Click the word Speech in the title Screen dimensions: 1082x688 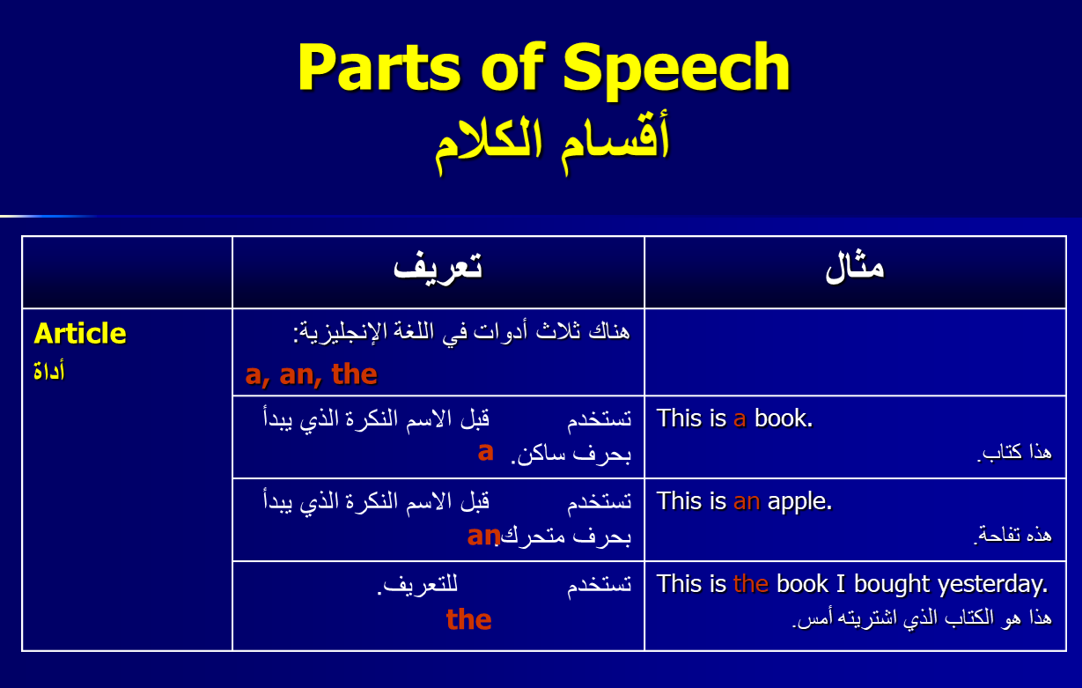tap(676, 69)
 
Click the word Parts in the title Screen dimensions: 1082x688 tap(379, 67)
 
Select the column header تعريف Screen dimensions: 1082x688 tap(438, 269)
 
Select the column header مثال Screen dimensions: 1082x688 tap(855, 268)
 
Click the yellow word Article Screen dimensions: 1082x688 tap(80, 334)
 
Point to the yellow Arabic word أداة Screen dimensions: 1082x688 tap(48, 372)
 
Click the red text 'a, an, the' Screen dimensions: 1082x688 tap(312, 374)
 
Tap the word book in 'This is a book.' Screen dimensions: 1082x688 tap(784, 418)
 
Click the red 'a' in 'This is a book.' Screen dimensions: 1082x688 tap(740, 419)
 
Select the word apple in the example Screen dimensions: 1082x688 tap(799, 502)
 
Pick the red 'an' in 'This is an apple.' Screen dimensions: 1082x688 tap(747, 502)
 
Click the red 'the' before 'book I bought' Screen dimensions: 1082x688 tap(751, 584)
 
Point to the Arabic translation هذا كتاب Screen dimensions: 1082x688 tap(1014, 453)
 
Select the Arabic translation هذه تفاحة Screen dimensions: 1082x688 tap(1012, 536)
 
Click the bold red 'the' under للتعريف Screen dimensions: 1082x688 tap(468, 619)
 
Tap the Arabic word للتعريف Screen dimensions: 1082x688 tap(417, 585)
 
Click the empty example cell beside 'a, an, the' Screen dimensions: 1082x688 tap(855, 352)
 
